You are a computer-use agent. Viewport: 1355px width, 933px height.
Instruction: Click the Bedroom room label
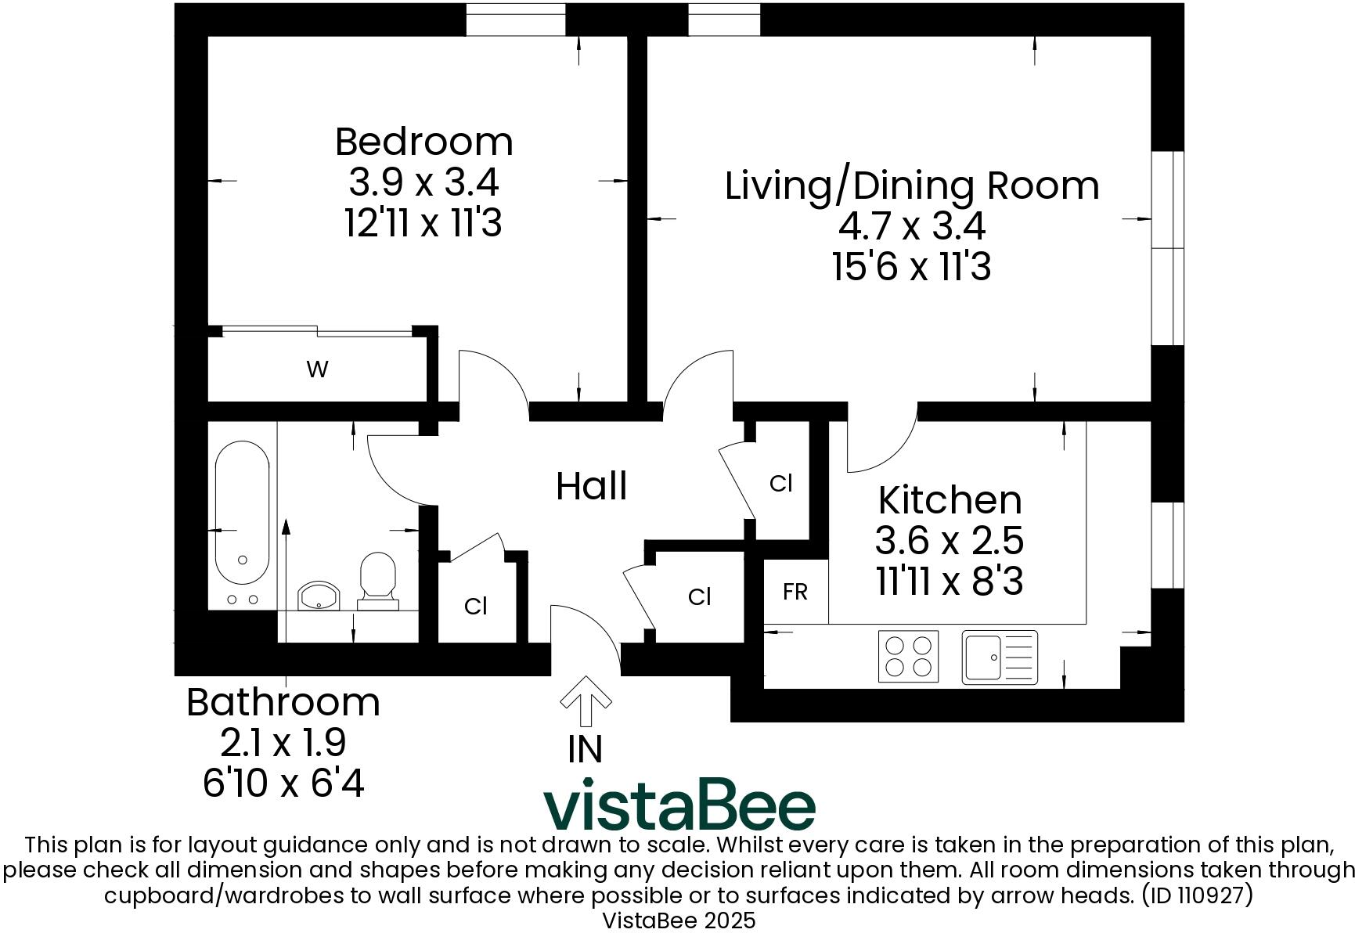click(x=424, y=142)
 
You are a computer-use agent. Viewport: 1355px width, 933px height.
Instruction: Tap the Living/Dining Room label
click(x=912, y=186)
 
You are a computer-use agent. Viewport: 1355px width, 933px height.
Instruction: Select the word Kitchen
click(x=950, y=499)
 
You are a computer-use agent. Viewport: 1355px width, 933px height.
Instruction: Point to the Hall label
click(x=591, y=486)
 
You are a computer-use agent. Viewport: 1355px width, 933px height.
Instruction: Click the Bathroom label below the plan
click(x=283, y=702)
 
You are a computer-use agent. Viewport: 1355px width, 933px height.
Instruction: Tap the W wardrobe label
click(x=317, y=369)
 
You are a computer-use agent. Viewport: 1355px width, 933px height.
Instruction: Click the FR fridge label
click(x=795, y=592)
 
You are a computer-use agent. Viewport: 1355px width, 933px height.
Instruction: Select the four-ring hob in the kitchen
click(x=908, y=656)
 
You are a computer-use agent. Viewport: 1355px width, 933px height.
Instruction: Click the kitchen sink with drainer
click(x=1000, y=657)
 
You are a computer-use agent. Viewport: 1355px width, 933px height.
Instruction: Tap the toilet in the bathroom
click(x=378, y=581)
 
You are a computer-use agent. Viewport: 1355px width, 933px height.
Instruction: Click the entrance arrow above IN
click(x=586, y=701)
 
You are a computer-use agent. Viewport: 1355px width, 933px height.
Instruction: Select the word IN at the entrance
click(x=585, y=750)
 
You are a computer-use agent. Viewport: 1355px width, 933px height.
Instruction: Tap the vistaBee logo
click(x=679, y=804)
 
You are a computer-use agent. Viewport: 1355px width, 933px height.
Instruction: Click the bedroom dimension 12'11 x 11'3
click(x=423, y=224)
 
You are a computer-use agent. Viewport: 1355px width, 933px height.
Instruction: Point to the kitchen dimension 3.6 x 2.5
click(x=950, y=540)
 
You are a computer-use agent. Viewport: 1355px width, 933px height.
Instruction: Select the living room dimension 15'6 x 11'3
click(x=912, y=268)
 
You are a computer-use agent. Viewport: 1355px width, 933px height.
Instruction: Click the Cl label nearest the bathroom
click(x=476, y=606)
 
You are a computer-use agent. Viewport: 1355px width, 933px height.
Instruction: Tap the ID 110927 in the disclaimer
click(x=1198, y=895)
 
